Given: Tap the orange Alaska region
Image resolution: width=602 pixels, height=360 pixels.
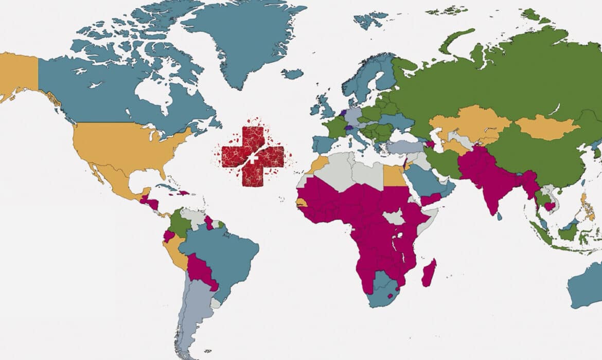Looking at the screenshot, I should pos(18,75).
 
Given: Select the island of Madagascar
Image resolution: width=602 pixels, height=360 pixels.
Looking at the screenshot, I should pos(429,273).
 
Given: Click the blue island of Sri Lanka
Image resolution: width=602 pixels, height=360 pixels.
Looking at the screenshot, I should pos(500,217).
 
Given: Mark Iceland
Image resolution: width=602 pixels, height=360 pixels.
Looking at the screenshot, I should pos(292,74).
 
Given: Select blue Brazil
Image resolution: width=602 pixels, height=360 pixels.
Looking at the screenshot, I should pos(226,257).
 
